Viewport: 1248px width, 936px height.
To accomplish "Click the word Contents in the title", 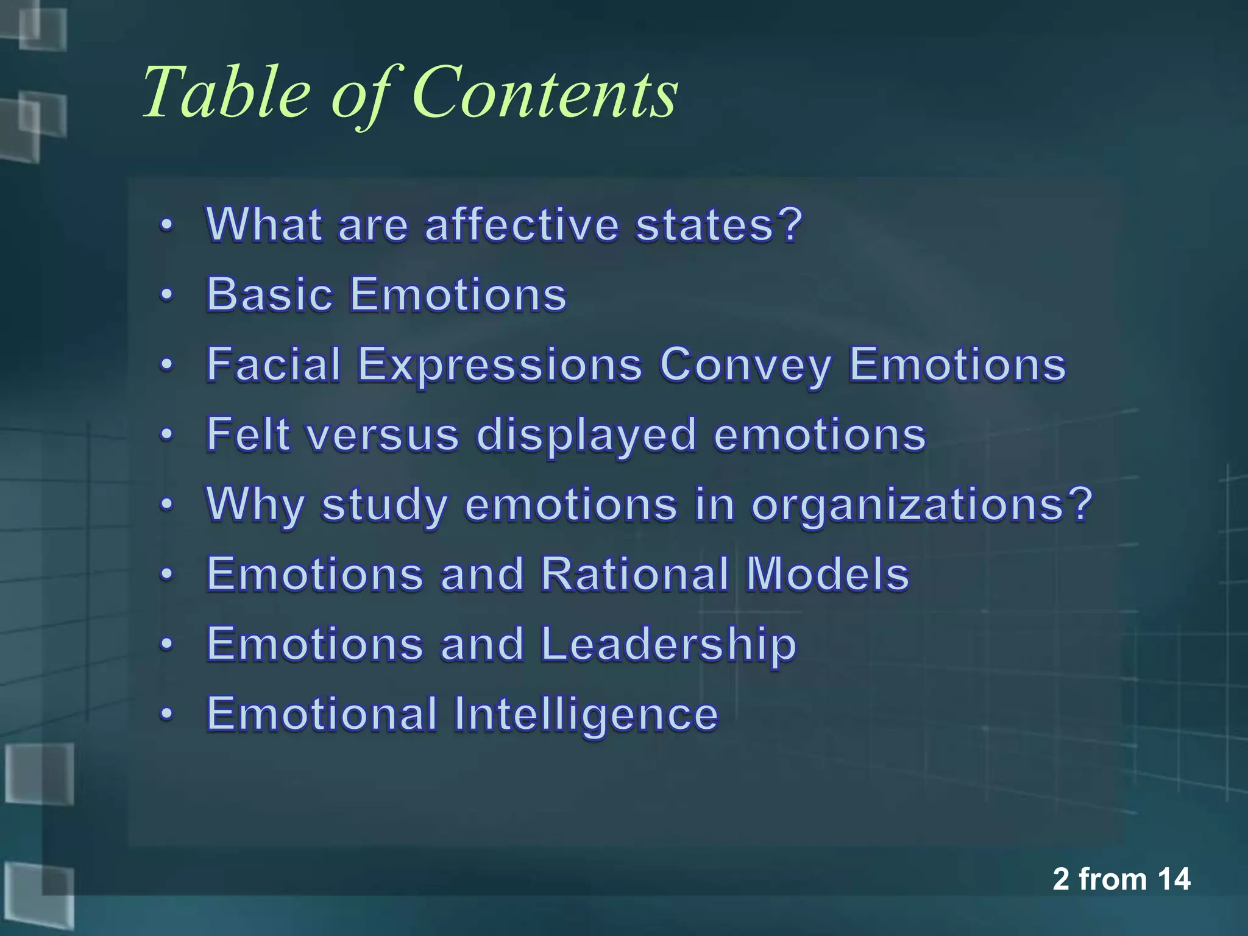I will coord(545,93).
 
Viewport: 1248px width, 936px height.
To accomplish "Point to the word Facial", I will coord(274,364).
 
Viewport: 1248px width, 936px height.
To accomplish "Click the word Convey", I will coord(745,366).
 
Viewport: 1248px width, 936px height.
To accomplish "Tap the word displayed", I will coord(586,436).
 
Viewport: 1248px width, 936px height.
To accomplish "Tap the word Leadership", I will coord(668,645).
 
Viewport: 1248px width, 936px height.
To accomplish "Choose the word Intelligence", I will coord(585,714).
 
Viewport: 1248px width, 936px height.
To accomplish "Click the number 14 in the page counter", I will coord(1173,879).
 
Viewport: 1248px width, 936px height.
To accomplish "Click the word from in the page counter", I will coord(1113,879).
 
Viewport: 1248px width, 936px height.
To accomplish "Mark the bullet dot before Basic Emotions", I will coord(166,296).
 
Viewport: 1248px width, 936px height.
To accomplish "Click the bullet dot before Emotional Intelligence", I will coord(166,714).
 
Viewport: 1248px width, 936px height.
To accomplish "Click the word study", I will coord(385,506).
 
